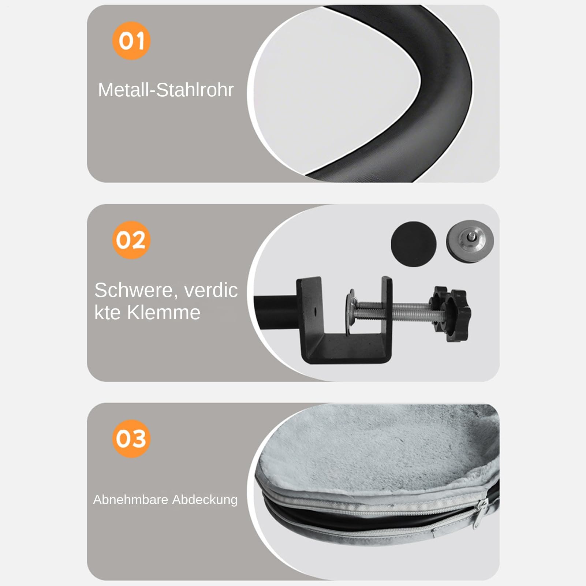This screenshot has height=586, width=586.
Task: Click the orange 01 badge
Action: coord(131,41)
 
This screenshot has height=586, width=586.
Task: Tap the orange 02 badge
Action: coord(131,240)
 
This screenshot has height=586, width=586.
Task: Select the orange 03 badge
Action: coord(131,438)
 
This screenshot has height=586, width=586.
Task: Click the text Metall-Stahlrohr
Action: coord(166,90)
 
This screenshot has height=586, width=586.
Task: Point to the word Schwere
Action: coord(136,291)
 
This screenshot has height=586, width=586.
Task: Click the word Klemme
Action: coord(163,313)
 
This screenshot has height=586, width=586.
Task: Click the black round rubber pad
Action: coord(414,244)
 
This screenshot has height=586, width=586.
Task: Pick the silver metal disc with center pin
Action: coord(470,241)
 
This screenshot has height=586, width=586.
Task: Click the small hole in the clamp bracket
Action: coord(315,311)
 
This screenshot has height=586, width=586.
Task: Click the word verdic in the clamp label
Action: coord(211,290)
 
